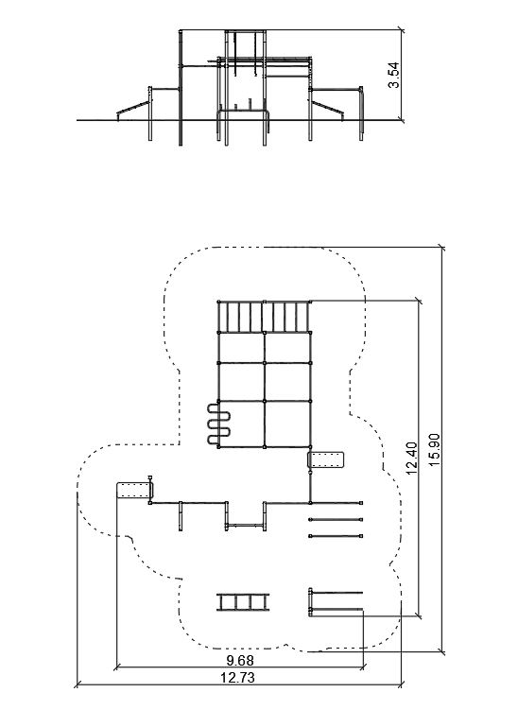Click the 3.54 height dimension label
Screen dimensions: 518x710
click(x=394, y=75)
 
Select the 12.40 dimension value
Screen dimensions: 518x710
click(x=412, y=459)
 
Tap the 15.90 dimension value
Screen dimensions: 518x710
click(x=435, y=450)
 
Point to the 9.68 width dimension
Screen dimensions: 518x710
click(x=240, y=660)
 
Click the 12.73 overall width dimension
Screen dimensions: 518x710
click(x=237, y=678)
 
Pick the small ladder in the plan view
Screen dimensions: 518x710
click(x=243, y=602)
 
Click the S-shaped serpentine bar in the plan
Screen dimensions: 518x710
click(x=219, y=424)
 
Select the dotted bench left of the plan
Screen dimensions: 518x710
click(x=135, y=491)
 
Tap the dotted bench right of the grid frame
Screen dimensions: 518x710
click(x=326, y=460)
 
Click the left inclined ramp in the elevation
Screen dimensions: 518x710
click(x=133, y=108)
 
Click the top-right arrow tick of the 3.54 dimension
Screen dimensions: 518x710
click(x=401, y=30)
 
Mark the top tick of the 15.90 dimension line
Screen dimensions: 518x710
click(x=442, y=248)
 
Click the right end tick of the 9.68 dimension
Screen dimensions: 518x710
click(x=363, y=667)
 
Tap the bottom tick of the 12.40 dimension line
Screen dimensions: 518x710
click(x=419, y=615)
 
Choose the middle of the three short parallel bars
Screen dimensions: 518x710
click(x=336, y=519)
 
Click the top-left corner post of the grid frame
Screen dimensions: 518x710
click(x=218, y=302)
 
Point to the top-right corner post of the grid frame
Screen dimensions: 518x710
click(x=310, y=302)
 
